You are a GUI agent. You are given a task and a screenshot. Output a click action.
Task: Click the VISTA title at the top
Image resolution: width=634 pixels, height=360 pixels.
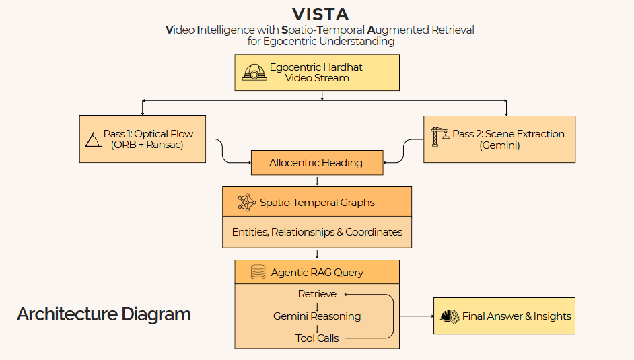tap(320, 15)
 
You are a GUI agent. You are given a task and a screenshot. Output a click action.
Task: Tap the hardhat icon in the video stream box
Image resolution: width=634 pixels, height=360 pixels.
tap(254, 72)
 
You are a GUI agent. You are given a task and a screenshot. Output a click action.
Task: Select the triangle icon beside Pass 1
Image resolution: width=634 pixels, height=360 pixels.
tap(94, 139)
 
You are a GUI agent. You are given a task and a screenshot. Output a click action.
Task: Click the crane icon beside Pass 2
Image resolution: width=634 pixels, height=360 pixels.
tap(440, 137)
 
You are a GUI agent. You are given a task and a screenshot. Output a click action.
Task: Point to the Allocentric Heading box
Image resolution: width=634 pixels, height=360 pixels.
tap(317, 163)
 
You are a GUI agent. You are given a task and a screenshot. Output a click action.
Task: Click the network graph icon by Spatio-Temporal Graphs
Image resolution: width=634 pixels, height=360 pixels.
tap(246, 203)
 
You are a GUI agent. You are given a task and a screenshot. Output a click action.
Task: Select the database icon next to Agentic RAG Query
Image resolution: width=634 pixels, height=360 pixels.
tap(258, 272)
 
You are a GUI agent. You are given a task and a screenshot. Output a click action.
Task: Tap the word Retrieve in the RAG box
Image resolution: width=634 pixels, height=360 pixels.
tap(317, 294)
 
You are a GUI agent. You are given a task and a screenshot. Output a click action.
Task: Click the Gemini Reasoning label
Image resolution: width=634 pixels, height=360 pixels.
tap(317, 316)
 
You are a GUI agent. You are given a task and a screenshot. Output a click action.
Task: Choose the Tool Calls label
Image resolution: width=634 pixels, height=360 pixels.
tap(317, 338)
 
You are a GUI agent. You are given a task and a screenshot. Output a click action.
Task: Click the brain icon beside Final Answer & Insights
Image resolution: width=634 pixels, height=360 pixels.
tap(450, 316)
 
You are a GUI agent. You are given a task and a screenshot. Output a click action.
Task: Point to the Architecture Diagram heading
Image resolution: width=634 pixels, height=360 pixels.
tap(104, 314)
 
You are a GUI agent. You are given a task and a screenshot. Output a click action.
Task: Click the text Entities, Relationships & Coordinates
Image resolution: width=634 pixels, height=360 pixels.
tap(317, 232)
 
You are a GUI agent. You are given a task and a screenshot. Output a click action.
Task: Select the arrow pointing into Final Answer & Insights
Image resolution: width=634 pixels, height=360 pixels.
tap(417, 316)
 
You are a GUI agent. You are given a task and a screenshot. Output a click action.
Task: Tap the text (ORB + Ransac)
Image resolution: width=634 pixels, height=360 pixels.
tap(147, 145)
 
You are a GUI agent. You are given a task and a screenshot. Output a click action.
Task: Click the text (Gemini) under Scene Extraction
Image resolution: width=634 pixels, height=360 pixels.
tap(500, 145)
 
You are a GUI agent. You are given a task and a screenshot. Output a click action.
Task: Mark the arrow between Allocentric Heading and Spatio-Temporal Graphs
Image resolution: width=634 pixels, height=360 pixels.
tap(317, 180)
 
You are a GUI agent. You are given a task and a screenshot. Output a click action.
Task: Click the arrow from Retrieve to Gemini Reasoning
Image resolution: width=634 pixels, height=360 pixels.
tap(317, 307)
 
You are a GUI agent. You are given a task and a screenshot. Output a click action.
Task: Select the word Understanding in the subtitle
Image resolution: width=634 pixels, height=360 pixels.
tap(357, 41)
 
